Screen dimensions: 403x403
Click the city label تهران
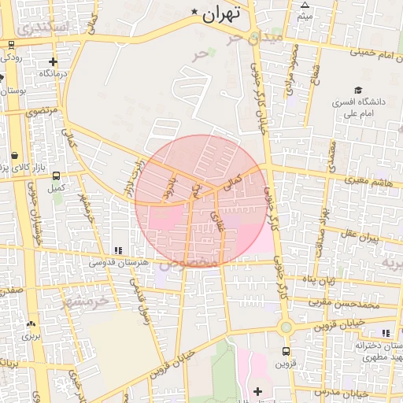pyautogui.click(x=220, y=13)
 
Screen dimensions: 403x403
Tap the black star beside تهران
pyautogui.click(x=194, y=12)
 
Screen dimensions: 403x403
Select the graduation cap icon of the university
pyautogui.click(x=358, y=91)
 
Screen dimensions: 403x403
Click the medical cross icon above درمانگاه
pyautogui.click(x=53, y=61)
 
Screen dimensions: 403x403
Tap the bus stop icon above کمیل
pyautogui.click(x=55, y=176)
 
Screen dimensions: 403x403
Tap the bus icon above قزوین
pyautogui.click(x=285, y=352)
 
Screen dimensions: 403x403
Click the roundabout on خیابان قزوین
pyautogui.click(x=286, y=327)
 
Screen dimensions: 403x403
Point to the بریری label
pyautogui.click(x=30, y=335)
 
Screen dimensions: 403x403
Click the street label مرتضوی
pyautogui.click(x=41, y=112)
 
